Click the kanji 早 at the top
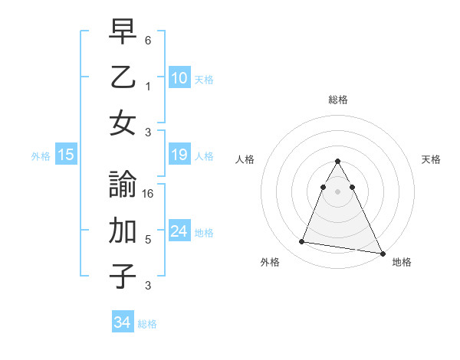pos(123,32)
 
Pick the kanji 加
pos(123,231)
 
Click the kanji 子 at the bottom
pos(123,276)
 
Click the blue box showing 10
pos(179,77)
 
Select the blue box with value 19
pos(179,155)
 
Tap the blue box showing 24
pos(179,231)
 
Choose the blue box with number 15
pos(66,155)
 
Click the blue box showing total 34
pos(122,322)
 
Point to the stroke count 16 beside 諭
pos(148,194)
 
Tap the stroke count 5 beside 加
pos(148,240)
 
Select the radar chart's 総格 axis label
pos(337,100)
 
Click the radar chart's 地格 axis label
pos(402,262)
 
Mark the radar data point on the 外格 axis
pos(302,242)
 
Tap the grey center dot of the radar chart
pos(337,191)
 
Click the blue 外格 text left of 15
pos(41,155)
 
